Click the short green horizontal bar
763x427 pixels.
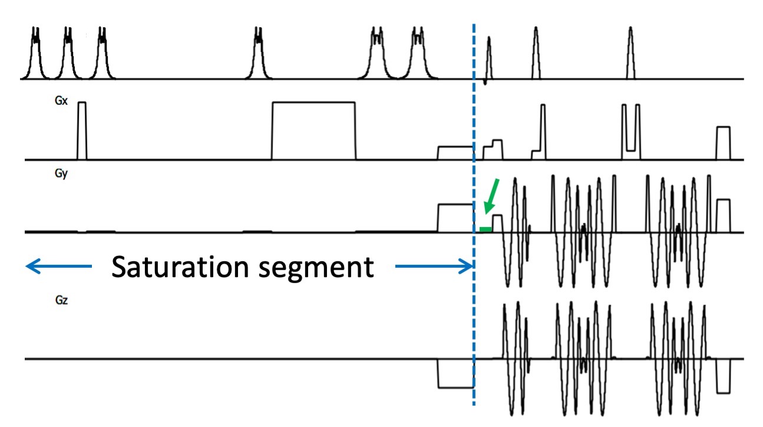[485, 229]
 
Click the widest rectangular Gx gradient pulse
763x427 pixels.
[313, 130]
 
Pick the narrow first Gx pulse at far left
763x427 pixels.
[82, 130]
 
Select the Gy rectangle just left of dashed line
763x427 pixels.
[455, 218]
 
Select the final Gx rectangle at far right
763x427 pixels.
[723, 143]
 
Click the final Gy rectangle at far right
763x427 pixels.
[723, 215]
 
